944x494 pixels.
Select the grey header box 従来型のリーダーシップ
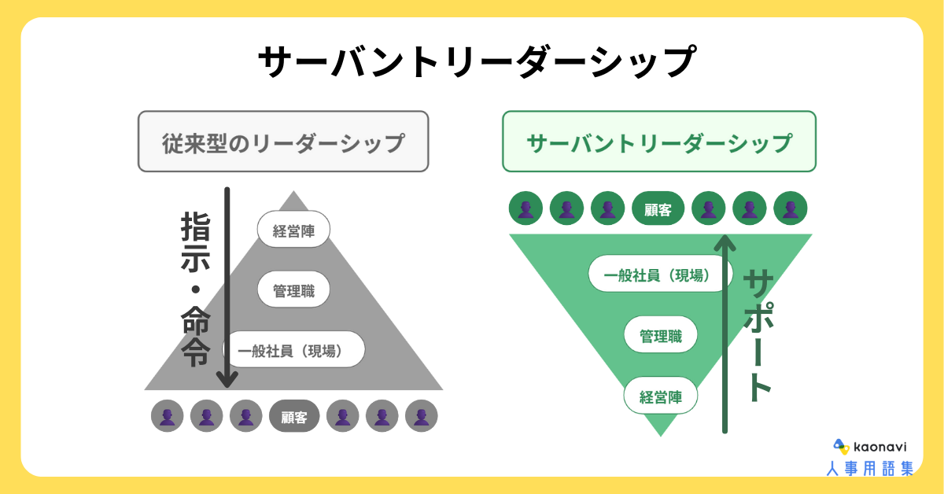coord(283,142)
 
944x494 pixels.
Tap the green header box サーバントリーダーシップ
coord(659,142)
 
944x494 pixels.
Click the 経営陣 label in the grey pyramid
coord(293,230)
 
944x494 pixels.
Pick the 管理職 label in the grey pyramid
coord(293,289)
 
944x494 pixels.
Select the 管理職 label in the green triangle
coord(661,336)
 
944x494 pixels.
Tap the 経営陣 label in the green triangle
coord(661,396)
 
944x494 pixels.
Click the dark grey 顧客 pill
coord(294,417)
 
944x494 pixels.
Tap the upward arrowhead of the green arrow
coord(725,241)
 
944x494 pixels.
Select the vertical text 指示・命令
coord(195,289)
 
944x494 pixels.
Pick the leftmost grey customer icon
coord(167,417)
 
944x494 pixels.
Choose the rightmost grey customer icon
coord(422,417)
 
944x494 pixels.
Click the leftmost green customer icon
coord(525,209)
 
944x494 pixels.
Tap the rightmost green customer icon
coord(791,209)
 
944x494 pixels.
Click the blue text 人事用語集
coord(869,469)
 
